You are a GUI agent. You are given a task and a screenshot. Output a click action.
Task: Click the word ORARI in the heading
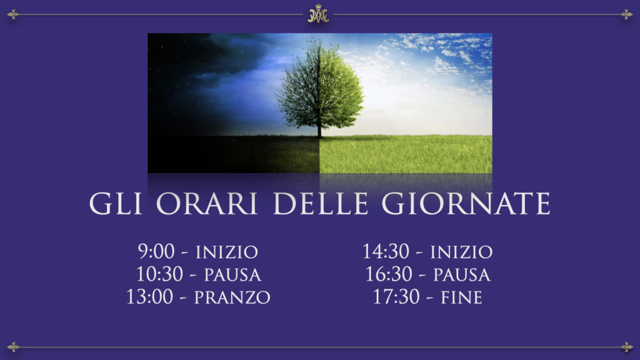[206, 203]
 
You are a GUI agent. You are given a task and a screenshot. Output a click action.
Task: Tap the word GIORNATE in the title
[466, 203]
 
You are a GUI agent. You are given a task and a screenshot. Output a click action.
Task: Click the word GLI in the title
[116, 203]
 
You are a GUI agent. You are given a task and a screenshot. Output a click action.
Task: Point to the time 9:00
[156, 251]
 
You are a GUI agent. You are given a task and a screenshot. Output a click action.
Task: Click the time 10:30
[159, 274]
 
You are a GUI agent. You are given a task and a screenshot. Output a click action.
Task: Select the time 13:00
[149, 297]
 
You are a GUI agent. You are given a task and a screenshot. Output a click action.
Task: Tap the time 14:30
[386, 251]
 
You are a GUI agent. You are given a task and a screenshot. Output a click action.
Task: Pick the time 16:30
[389, 274]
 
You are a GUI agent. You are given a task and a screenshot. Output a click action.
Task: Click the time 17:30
[396, 297]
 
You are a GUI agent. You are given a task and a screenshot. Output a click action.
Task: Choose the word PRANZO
[232, 297]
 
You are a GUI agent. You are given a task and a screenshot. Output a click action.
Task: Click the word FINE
[462, 297]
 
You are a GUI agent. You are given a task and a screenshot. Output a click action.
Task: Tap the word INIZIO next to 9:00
[227, 252]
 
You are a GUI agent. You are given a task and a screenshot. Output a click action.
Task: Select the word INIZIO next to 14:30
[462, 252]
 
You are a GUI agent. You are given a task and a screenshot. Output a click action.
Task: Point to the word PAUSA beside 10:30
[232, 275]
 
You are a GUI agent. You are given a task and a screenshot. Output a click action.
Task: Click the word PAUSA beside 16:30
[462, 275]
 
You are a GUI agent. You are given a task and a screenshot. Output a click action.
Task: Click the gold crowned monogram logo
[318, 14]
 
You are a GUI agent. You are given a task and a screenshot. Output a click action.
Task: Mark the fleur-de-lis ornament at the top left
[12, 15]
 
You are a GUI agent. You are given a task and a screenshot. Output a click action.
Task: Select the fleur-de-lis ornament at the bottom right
[627, 347]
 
